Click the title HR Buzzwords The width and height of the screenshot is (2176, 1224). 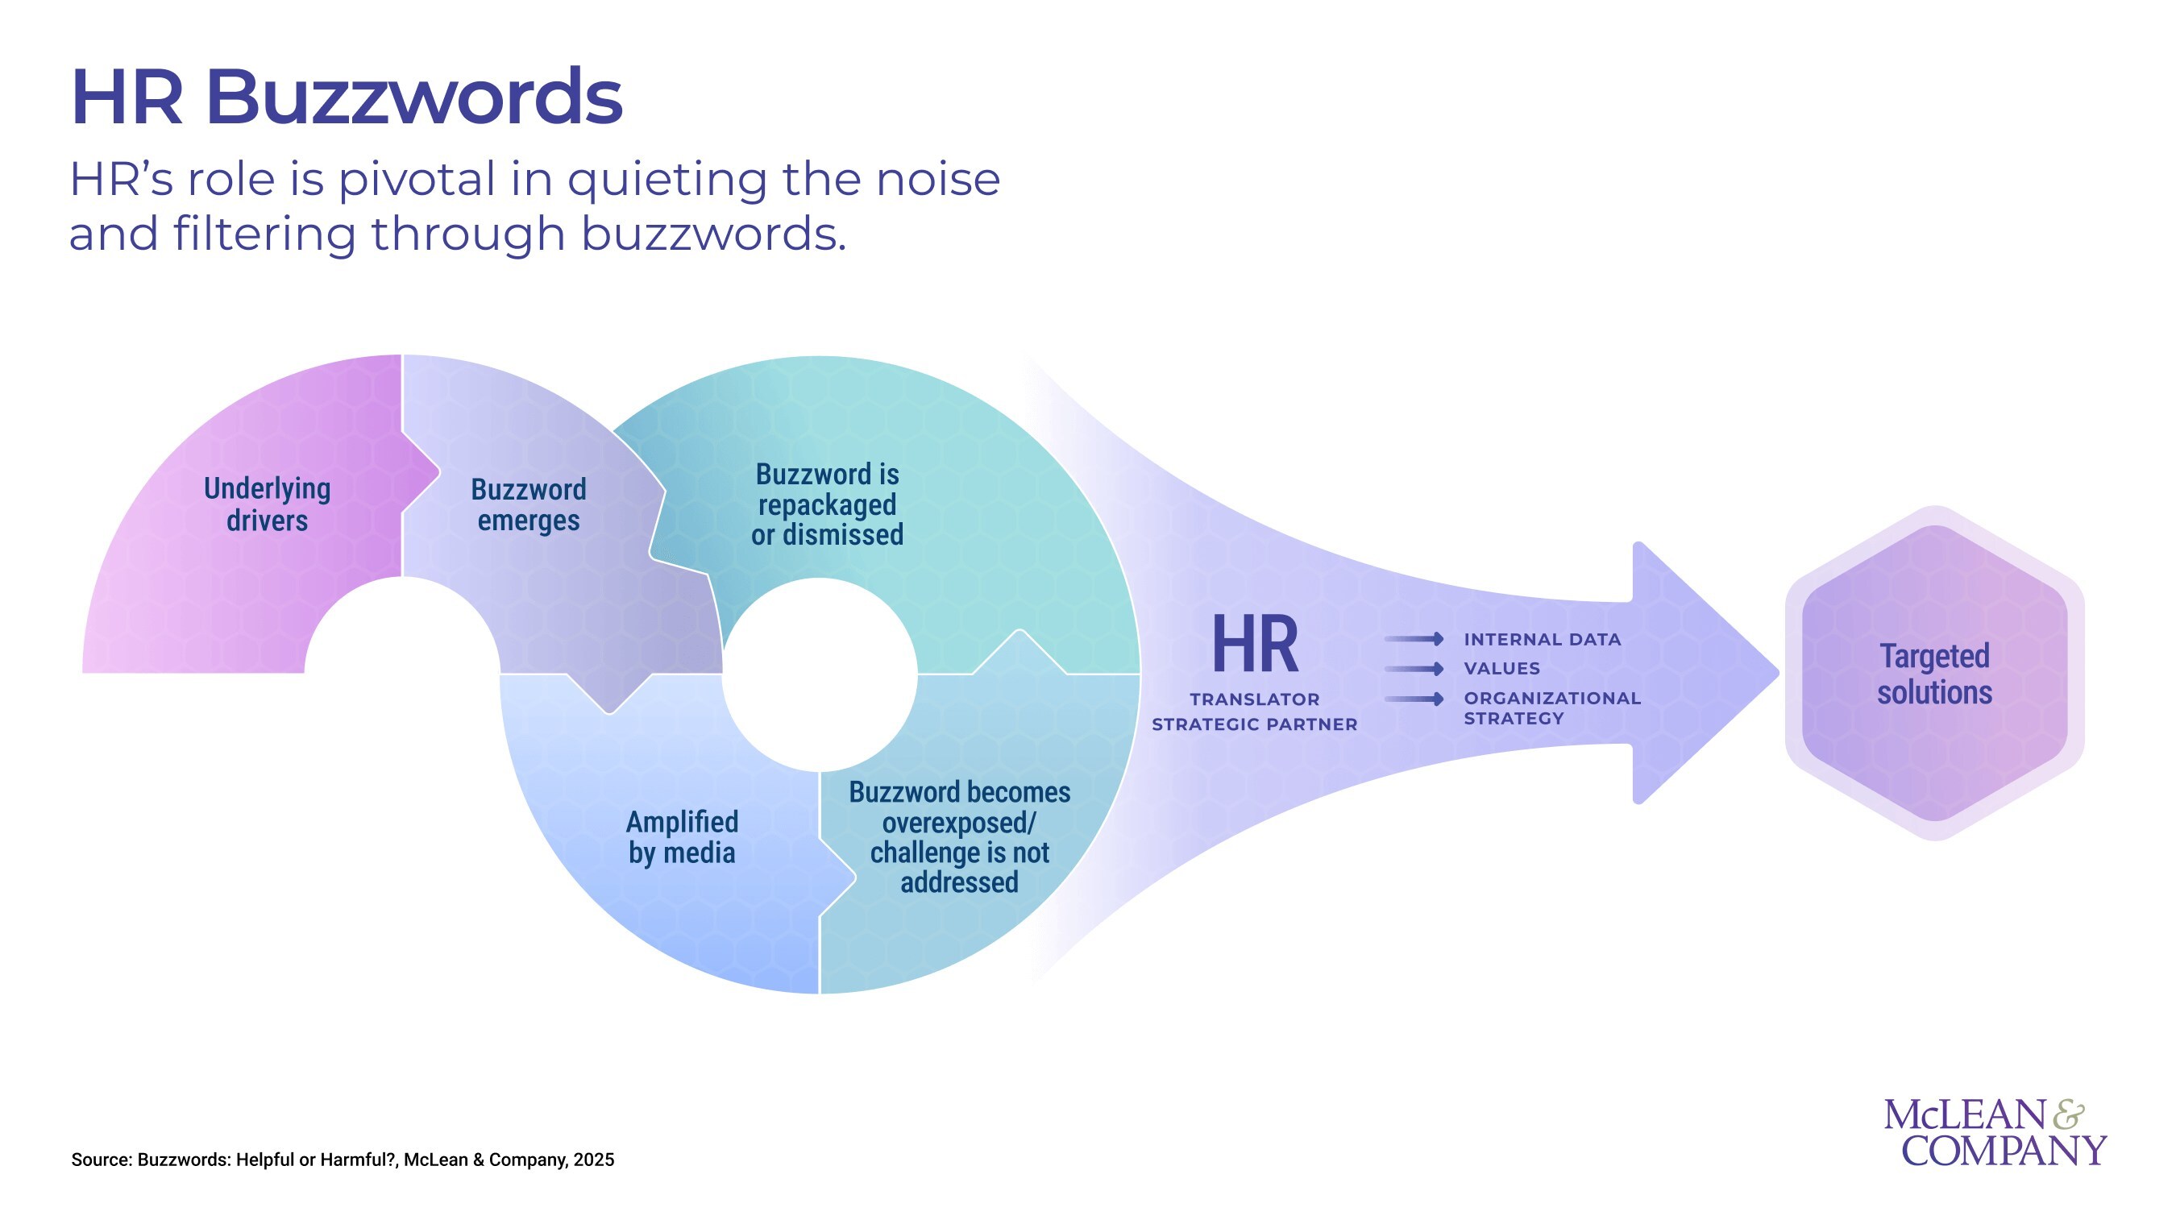(347, 98)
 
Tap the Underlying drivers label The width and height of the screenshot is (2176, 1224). (267, 504)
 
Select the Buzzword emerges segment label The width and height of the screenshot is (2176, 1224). (528, 504)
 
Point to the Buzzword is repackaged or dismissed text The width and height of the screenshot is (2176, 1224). (827, 504)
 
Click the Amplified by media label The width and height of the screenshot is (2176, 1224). (682, 837)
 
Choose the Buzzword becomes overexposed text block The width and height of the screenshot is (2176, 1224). (959, 837)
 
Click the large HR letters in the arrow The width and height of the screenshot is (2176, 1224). (1254, 645)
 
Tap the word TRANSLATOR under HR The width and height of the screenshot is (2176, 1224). (1254, 699)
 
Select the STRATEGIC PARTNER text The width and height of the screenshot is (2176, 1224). (1254, 724)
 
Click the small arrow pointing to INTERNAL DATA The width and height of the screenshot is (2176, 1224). (1414, 640)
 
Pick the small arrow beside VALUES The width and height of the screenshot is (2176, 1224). (1414, 669)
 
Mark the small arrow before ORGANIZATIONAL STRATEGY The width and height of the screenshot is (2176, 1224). (1414, 699)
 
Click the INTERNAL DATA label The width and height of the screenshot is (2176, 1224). (1542, 640)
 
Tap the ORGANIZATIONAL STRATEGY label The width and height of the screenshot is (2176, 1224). (1551, 707)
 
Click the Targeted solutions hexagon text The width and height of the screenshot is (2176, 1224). (1934, 674)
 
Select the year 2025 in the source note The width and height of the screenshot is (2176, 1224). (593, 1160)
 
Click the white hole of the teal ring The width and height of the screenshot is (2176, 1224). (820, 674)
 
